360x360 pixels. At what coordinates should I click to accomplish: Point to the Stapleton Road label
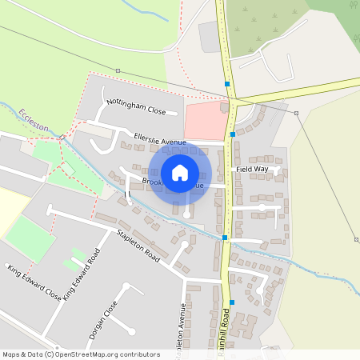(138, 246)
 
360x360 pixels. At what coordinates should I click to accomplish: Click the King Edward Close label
(34, 282)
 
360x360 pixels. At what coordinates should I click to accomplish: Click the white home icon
(180, 172)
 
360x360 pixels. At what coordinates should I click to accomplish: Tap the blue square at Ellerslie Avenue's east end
(232, 135)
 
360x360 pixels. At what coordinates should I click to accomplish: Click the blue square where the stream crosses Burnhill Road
(225, 238)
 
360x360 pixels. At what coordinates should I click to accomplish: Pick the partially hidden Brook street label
(152, 182)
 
